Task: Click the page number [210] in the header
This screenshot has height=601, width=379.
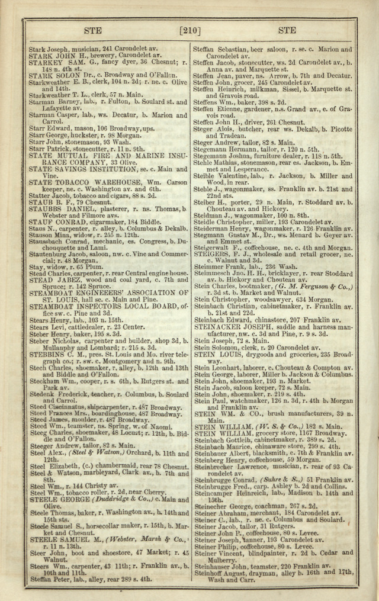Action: (x=189, y=30)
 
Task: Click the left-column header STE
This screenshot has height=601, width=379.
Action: (x=94, y=30)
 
